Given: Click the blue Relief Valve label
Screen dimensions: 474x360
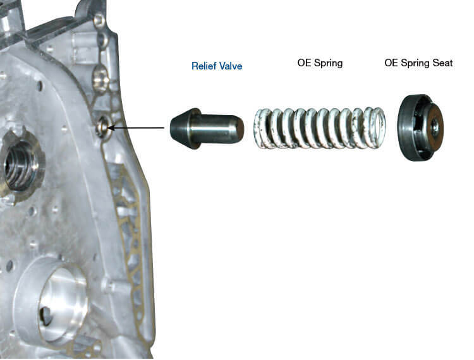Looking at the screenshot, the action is (217, 66).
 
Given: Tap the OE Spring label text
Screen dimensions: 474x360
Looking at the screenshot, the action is (320, 63).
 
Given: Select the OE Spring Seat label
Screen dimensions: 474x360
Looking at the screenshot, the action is (418, 63).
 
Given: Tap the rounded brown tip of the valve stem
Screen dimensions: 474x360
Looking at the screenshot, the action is (239, 129).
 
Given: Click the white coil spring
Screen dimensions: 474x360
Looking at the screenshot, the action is (320, 128).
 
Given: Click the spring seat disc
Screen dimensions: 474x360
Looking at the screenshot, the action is (420, 128).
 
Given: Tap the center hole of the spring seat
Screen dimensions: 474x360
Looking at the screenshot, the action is (434, 127).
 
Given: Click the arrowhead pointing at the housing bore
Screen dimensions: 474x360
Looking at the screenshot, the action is (111, 128).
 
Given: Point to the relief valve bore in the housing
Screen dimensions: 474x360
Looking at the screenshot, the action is (102, 128).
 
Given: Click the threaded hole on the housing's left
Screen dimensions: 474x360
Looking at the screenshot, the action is (21, 166).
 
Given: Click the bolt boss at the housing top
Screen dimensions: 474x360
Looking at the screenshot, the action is (99, 21).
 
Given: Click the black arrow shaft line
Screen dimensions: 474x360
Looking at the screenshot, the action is (136, 128).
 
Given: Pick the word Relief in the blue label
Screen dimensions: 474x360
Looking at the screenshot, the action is (204, 66).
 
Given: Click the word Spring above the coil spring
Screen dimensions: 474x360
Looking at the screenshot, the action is (328, 63).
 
